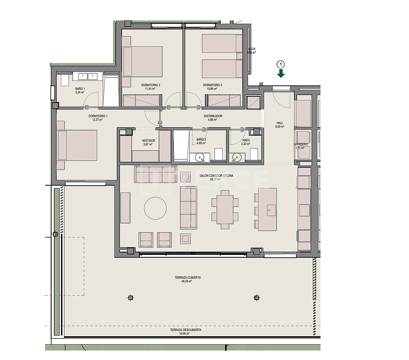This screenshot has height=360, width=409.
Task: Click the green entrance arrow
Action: click(x=281, y=73)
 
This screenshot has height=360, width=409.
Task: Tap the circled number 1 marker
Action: click(x=281, y=64)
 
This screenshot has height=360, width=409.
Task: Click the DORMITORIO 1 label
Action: click(x=98, y=116)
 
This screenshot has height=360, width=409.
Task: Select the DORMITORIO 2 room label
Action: click(x=151, y=85)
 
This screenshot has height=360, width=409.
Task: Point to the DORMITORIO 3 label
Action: click(x=213, y=85)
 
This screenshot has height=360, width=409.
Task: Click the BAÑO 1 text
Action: click(x=80, y=89)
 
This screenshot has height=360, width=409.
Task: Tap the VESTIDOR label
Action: click(x=149, y=141)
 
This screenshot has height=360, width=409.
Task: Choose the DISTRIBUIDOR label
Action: click(x=213, y=116)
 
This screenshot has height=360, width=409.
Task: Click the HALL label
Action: click(x=280, y=123)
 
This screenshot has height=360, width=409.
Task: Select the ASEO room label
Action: click(x=246, y=141)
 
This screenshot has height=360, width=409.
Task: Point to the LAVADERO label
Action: click(x=301, y=144)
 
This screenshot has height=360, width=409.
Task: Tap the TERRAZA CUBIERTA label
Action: click(x=188, y=277)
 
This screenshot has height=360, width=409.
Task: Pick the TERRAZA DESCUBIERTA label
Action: click(x=186, y=330)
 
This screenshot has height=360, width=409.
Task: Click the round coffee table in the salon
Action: click(x=155, y=208)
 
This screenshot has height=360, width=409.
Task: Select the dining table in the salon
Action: click(x=225, y=209)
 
